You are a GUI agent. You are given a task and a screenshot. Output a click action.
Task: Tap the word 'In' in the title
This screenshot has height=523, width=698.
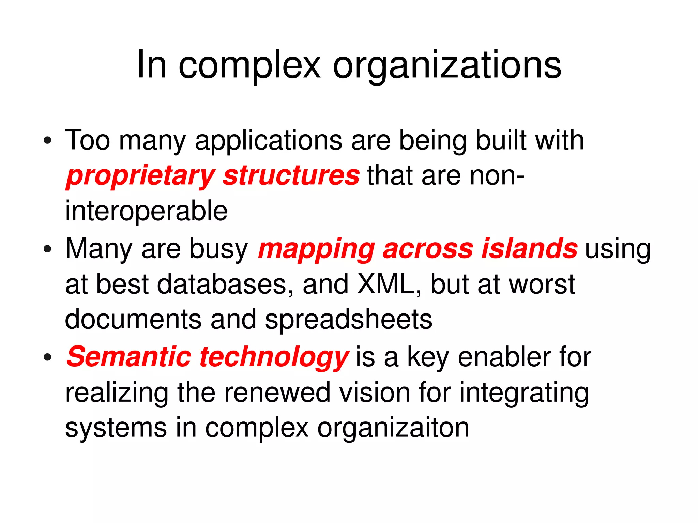pyautogui.click(x=151, y=65)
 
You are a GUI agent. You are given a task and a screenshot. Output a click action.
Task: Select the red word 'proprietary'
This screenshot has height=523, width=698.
pyautogui.click(x=140, y=176)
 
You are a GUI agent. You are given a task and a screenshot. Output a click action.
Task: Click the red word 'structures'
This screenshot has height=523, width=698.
pyautogui.click(x=291, y=175)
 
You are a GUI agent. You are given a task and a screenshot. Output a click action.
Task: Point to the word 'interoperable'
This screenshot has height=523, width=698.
pyautogui.click(x=147, y=211)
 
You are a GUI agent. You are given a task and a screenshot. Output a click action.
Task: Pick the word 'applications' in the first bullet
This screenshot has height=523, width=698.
pyautogui.click(x=269, y=141)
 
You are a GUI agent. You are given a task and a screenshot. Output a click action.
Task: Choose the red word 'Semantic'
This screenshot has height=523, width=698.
pyautogui.click(x=129, y=357)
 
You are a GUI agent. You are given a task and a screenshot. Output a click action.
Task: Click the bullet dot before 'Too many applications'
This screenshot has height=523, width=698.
pyautogui.click(x=47, y=140)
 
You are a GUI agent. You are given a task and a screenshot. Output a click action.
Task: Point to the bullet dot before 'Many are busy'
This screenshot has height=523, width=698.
pyautogui.click(x=47, y=249)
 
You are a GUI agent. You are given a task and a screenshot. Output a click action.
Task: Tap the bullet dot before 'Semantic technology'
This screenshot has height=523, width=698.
pyautogui.click(x=47, y=357)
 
